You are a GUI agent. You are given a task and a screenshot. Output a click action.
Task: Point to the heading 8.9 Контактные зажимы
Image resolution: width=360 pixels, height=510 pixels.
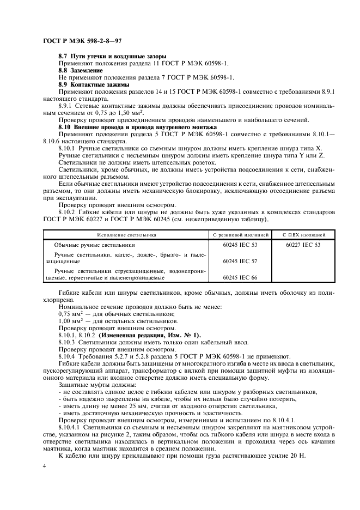click(x=94, y=84)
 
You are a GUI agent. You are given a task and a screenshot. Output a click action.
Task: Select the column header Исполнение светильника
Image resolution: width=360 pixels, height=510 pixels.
click(x=126, y=234)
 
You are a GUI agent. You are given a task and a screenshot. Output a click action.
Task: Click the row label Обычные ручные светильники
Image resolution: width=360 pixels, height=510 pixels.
click(x=94, y=245)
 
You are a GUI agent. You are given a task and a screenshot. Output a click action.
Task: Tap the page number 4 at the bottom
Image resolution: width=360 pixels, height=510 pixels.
click(x=44, y=466)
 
